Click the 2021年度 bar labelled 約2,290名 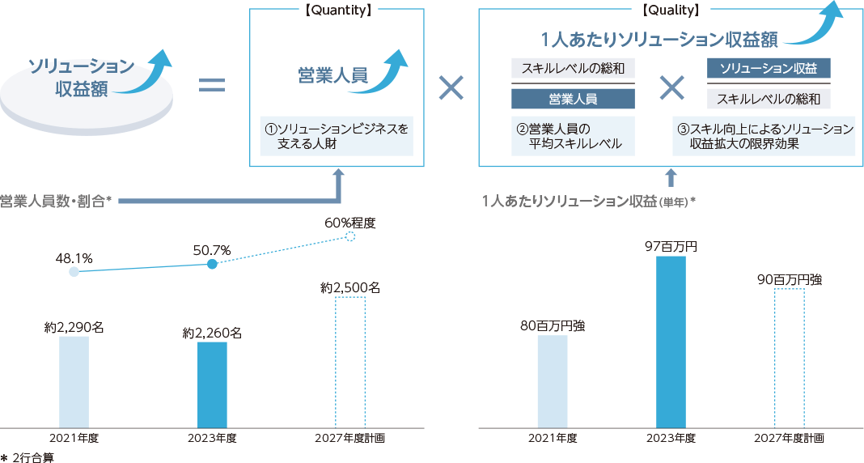pos(74,381)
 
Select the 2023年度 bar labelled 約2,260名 pos(212,384)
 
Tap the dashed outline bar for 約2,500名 pos(350,362)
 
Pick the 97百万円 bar pos(671,342)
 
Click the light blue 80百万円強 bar pos(553,380)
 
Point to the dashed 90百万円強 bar pos(789,358)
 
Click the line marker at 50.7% pos(212,265)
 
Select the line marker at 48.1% pos(74,272)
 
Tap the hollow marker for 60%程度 pos(350,236)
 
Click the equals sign pos(212,85)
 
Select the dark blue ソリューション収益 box pos(769,69)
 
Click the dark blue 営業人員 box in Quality pos(573,99)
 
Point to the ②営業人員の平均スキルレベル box pos(573,136)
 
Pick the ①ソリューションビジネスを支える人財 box pos(337,136)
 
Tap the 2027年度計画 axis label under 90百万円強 pos(789,438)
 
